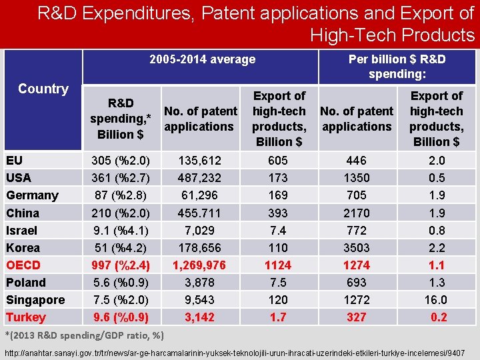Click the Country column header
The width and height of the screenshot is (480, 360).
[x=43, y=89]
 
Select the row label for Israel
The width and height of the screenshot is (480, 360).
[x=22, y=231]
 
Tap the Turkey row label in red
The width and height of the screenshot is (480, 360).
[x=26, y=317]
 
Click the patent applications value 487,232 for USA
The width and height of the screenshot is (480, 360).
[x=199, y=178]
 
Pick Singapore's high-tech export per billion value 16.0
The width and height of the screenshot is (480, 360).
[x=436, y=300]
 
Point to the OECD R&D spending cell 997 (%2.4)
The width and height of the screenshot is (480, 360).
[x=121, y=265]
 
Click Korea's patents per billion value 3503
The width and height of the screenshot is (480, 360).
[x=357, y=248]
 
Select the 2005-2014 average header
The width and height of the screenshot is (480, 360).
[x=202, y=60]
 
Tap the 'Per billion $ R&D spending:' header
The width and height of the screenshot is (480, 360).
[x=397, y=67]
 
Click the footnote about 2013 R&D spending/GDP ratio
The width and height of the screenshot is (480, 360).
[x=85, y=335]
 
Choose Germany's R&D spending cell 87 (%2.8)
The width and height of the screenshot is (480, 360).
[x=121, y=195]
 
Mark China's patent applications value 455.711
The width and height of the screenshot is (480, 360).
[x=199, y=213]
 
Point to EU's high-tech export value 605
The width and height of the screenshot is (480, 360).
[x=278, y=161]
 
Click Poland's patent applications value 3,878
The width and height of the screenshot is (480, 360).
[x=199, y=283]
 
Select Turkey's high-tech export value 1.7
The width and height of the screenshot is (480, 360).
[x=278, y=317]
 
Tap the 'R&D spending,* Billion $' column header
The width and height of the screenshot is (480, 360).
[x=121, y=119]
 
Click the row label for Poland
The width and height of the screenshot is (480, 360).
[x=26, y=283]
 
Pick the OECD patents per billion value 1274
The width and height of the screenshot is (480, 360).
[x=357, y=265]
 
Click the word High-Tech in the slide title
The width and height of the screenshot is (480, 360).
[x=354, y=34]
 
